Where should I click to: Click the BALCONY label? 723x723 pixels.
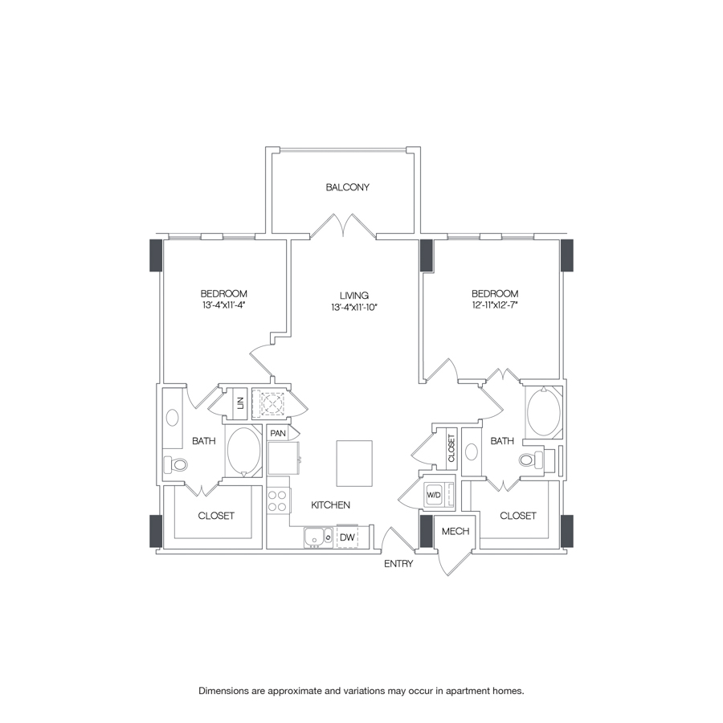click(347, 187)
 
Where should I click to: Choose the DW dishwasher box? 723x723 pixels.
click(347, 537)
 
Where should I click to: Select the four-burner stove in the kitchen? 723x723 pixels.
click(278, 501)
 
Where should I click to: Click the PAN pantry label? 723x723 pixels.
click(279, 434)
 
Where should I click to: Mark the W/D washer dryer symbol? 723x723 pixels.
click(434, 496)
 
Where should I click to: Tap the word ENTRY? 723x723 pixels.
click(398, 564)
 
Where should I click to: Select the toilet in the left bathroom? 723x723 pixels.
click(177, 464)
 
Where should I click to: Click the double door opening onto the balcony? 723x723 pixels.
click(344, 225)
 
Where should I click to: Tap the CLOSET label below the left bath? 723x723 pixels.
click(216, 516)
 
